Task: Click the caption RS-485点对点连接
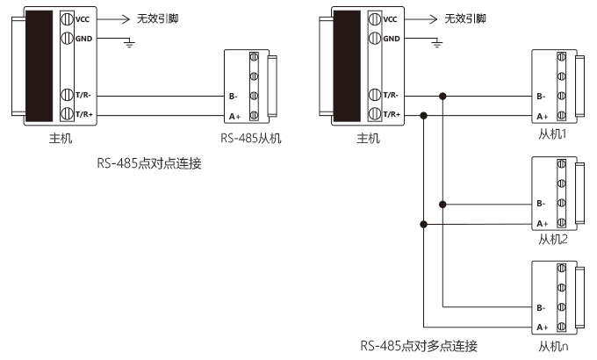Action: [149, 163]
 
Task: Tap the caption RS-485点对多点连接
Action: [419, 346]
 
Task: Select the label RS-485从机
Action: [251, 138]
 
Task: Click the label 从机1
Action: [552, 133]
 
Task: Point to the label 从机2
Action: [553, 239]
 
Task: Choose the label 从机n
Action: [553, 346]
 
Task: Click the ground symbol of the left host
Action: [130, 43]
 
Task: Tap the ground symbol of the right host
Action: [437, 43]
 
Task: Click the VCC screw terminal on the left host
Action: [67, 18]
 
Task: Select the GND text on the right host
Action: [392, 39]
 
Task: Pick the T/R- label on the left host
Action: [83, 95]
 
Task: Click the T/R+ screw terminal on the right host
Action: [375, 113]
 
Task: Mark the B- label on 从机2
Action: [541, 204]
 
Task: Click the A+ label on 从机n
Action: [543, 328]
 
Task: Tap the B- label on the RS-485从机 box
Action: [233, 97]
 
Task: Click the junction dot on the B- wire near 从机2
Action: [442, 205]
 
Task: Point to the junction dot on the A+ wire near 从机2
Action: [423, 225]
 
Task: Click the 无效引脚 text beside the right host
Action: [465, 18]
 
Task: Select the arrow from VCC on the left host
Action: [113, 19]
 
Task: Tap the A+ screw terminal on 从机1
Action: [561, 115]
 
